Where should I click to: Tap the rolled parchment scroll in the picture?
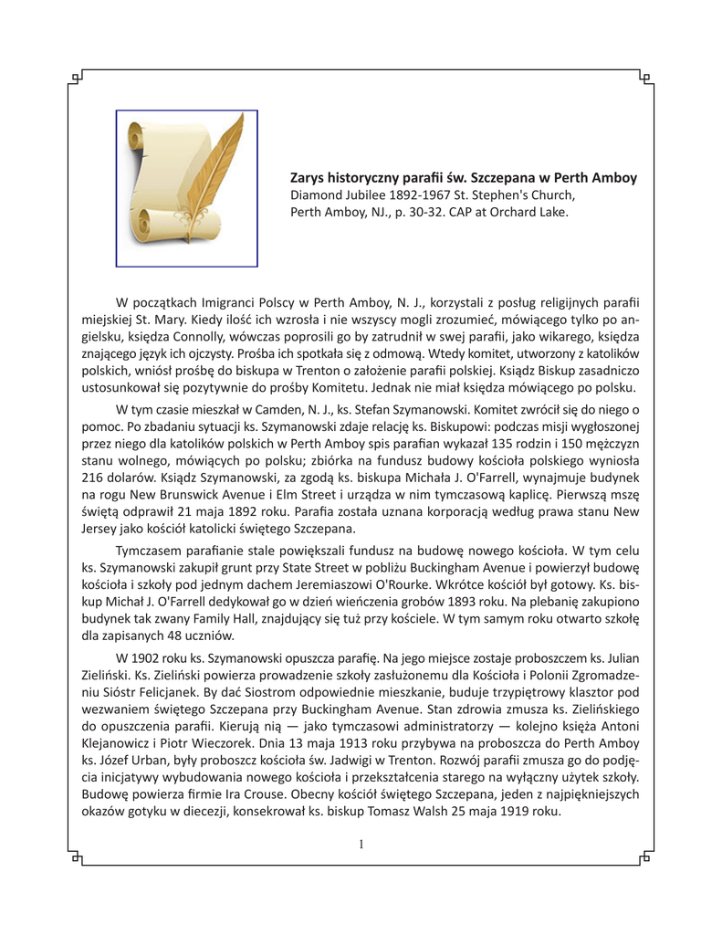[x=169, y=196]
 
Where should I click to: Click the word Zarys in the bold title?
[x=309, y=176]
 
